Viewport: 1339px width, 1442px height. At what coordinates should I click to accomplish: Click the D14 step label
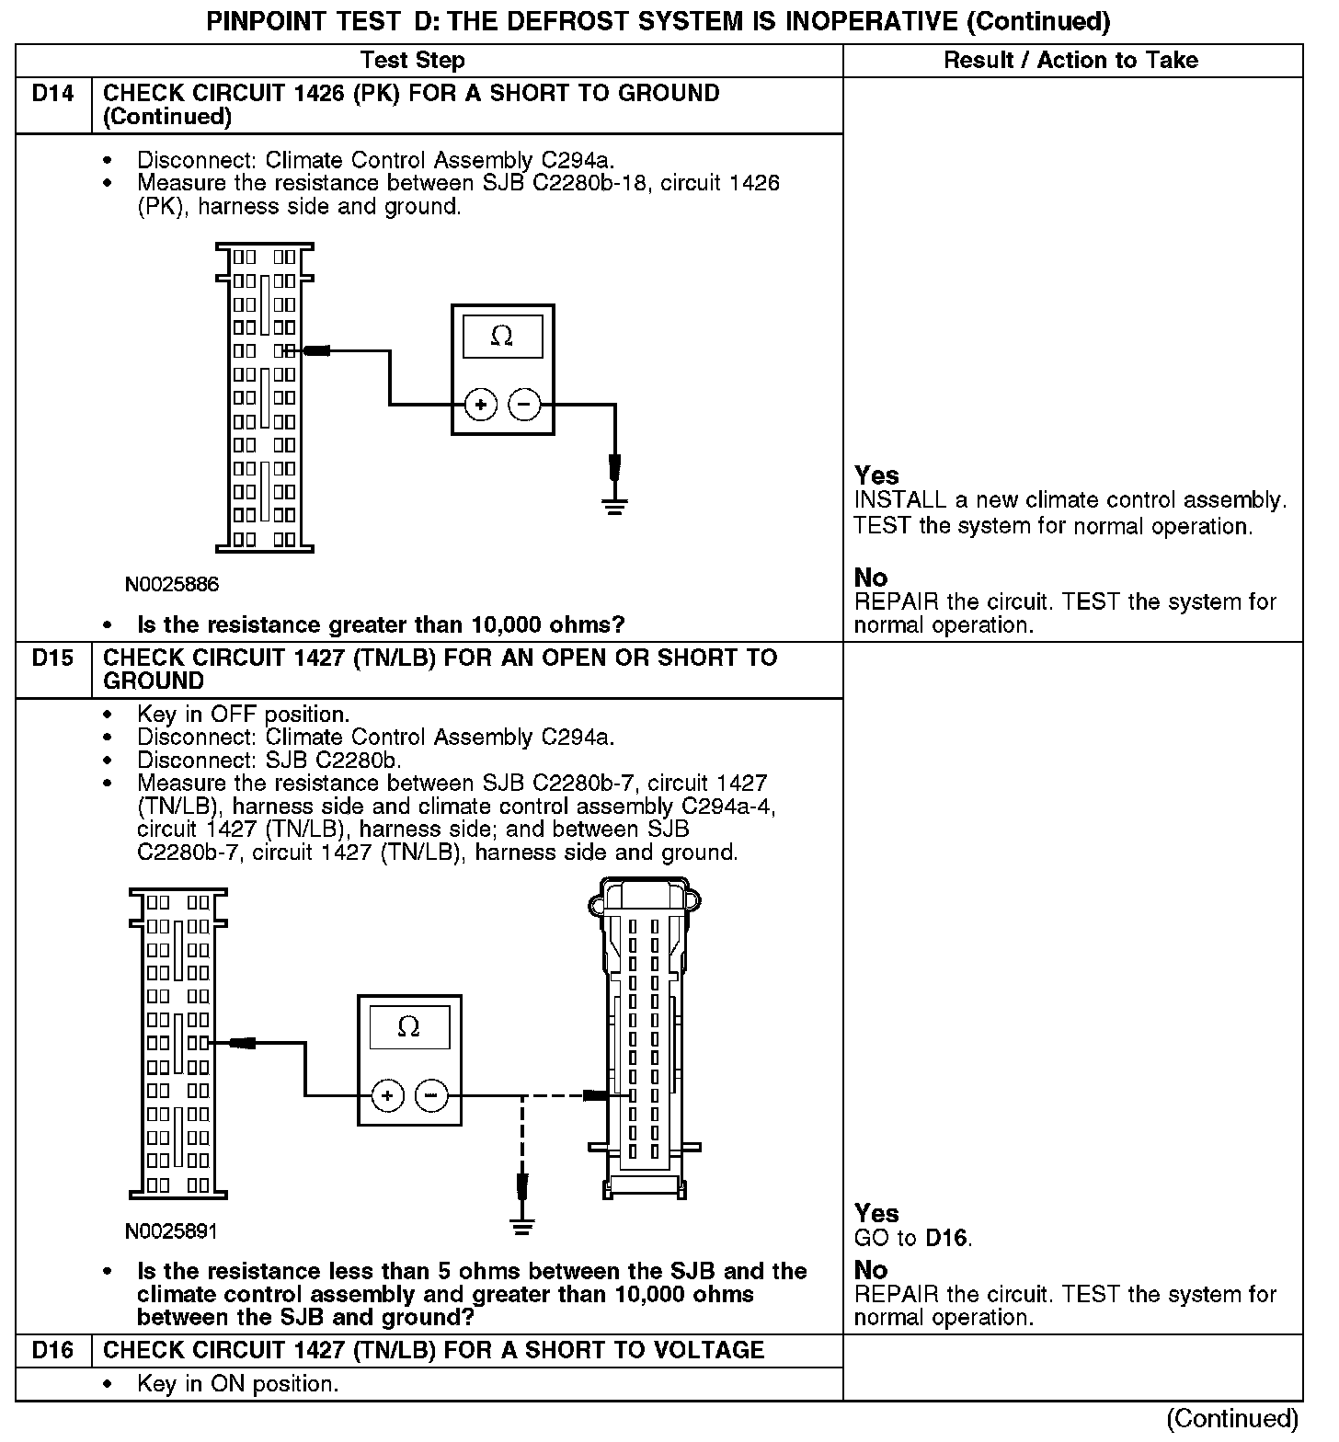coord(53,94)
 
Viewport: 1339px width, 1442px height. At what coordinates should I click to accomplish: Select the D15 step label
coord(53,658)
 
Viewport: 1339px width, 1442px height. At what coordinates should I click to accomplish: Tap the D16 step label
coord(53,1350)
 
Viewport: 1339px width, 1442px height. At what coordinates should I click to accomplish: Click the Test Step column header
coord(412,61)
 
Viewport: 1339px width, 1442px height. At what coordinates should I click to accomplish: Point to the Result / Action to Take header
coord(1071,61)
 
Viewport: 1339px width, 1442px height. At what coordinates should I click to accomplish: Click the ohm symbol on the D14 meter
coord(502,337)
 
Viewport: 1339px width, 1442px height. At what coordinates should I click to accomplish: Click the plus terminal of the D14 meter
coord(480,404)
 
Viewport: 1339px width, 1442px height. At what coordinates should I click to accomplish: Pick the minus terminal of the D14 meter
coord(524,404)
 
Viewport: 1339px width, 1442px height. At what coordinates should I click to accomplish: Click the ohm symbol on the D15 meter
coord(409,1026)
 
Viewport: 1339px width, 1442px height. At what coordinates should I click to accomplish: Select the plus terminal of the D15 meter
coord(387,1095)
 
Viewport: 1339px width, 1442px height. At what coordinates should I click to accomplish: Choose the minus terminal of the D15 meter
coord(431,1095)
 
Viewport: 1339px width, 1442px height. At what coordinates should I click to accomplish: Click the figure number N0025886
coord(173,585)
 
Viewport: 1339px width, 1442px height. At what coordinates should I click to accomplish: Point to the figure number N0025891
coord(172,1230)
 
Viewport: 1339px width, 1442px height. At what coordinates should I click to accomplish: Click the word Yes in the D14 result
coord(876,475)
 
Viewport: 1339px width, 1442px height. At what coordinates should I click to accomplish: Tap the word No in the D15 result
coord(870,1270)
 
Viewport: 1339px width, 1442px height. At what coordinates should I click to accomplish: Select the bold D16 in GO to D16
coord(946,1238)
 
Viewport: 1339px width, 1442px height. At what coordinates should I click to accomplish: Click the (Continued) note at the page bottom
coord(1232,1418)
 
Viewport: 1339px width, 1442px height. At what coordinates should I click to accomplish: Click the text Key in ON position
coord(237,1384)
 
